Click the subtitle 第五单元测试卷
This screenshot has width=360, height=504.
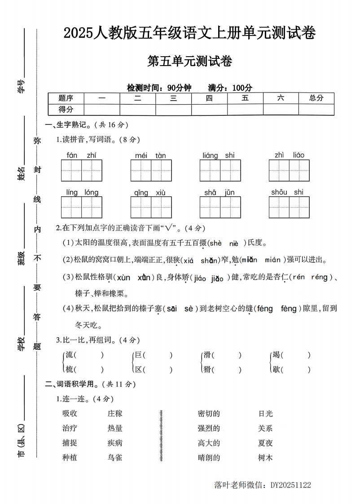[x=189, y=61]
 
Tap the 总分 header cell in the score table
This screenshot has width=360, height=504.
[x=316, y=98]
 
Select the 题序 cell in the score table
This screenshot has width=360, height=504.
[x=66, y=98]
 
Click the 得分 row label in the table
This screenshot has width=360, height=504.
[x=66, y=109]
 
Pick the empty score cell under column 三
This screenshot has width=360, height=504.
[x=173, y=110]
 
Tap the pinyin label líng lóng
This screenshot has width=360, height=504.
[x=82, y=193]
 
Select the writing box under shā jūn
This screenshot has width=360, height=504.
[x=220, y=207]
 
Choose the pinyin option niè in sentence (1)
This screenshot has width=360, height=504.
[x=234, y=243]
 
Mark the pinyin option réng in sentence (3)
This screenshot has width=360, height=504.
[x=319, y=277]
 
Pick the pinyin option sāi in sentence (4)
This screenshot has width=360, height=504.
[x=171, y=309]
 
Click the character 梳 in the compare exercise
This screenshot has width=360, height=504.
[x=69, y=370]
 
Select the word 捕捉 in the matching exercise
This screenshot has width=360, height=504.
[x=70, y=443]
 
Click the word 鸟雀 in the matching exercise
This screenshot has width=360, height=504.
[x=115, y=458]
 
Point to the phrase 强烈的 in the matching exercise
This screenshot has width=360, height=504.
[x=209, y=428]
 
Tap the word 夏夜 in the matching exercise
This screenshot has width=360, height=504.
[x=265, y=443]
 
